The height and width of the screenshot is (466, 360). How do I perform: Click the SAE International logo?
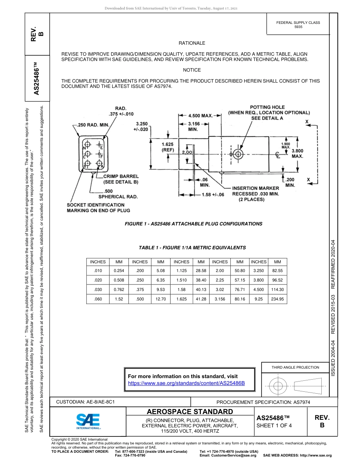[88, 421]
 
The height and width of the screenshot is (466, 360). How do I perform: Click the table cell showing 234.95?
[277, 299]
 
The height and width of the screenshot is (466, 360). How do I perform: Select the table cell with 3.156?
[220, 299]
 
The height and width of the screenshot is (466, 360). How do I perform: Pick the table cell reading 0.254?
[119, 271]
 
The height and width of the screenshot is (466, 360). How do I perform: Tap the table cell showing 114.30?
[277, 289]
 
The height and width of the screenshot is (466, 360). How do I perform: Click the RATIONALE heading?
[192, 43]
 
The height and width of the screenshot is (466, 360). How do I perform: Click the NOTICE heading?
[192, 70]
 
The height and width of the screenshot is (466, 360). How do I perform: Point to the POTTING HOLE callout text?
[269, 113]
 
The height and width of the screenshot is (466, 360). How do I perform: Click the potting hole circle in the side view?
[238, 154]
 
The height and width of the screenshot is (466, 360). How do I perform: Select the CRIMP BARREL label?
[121, 179]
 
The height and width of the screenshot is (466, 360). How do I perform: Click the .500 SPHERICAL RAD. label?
[118, 194]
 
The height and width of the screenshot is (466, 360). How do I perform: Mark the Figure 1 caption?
[193, 224]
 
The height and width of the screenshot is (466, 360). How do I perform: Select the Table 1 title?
[192, 248]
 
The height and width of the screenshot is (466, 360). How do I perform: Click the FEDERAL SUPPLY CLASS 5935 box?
[298, 25]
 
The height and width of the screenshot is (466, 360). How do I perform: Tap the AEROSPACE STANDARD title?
[190, 412]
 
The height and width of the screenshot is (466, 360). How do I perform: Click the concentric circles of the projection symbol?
[278, 386]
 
